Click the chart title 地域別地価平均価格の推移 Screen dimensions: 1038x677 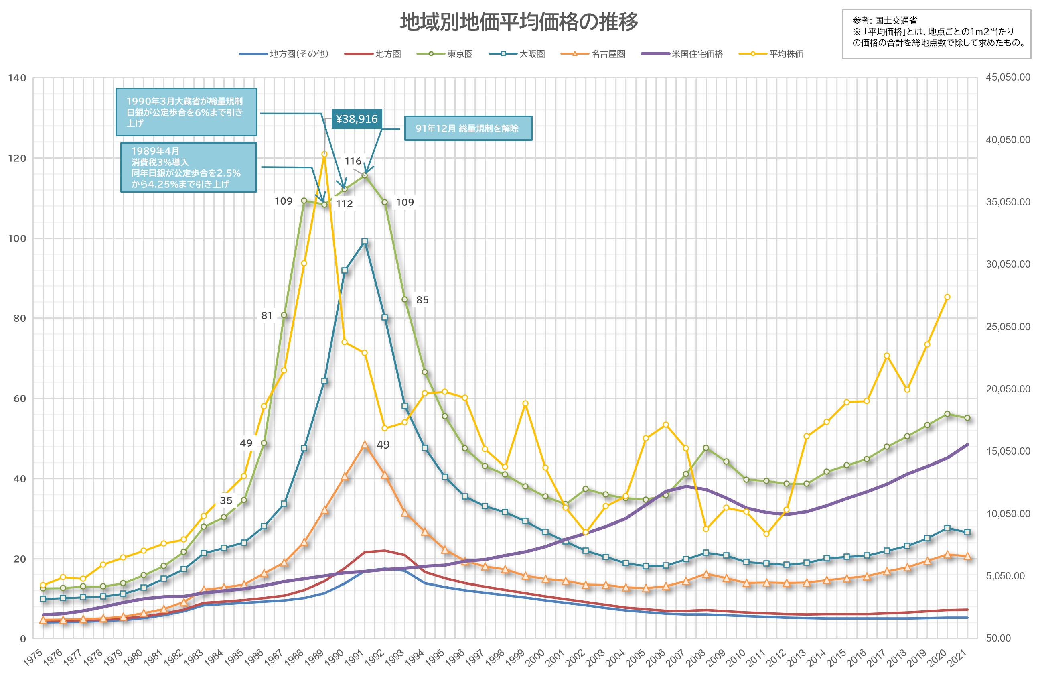coord(519,22)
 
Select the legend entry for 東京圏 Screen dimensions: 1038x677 coord(445,54)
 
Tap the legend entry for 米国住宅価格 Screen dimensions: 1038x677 coord(682,54)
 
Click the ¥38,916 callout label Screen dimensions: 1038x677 coord(357,119)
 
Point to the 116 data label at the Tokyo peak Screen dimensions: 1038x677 coord(353,161)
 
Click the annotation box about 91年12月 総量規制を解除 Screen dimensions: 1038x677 coord(468,128)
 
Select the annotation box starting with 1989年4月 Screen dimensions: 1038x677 coord(189,167)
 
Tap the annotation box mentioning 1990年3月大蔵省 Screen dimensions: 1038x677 coord(186,112)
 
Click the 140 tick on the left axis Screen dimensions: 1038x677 coord(17,78)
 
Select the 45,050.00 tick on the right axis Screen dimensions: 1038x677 coord(1008,77)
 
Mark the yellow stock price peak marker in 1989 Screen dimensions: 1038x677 coord(324,154)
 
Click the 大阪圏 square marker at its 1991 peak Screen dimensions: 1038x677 coord(365,241)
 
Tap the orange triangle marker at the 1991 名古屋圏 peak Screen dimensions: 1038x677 coord(365,445)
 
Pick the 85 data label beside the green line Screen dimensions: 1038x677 coord(422,300)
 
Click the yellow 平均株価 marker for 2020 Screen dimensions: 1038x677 coord(947,297)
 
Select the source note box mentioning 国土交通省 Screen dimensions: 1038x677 coord(937,34)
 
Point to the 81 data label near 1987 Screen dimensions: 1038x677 coord(266,315)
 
